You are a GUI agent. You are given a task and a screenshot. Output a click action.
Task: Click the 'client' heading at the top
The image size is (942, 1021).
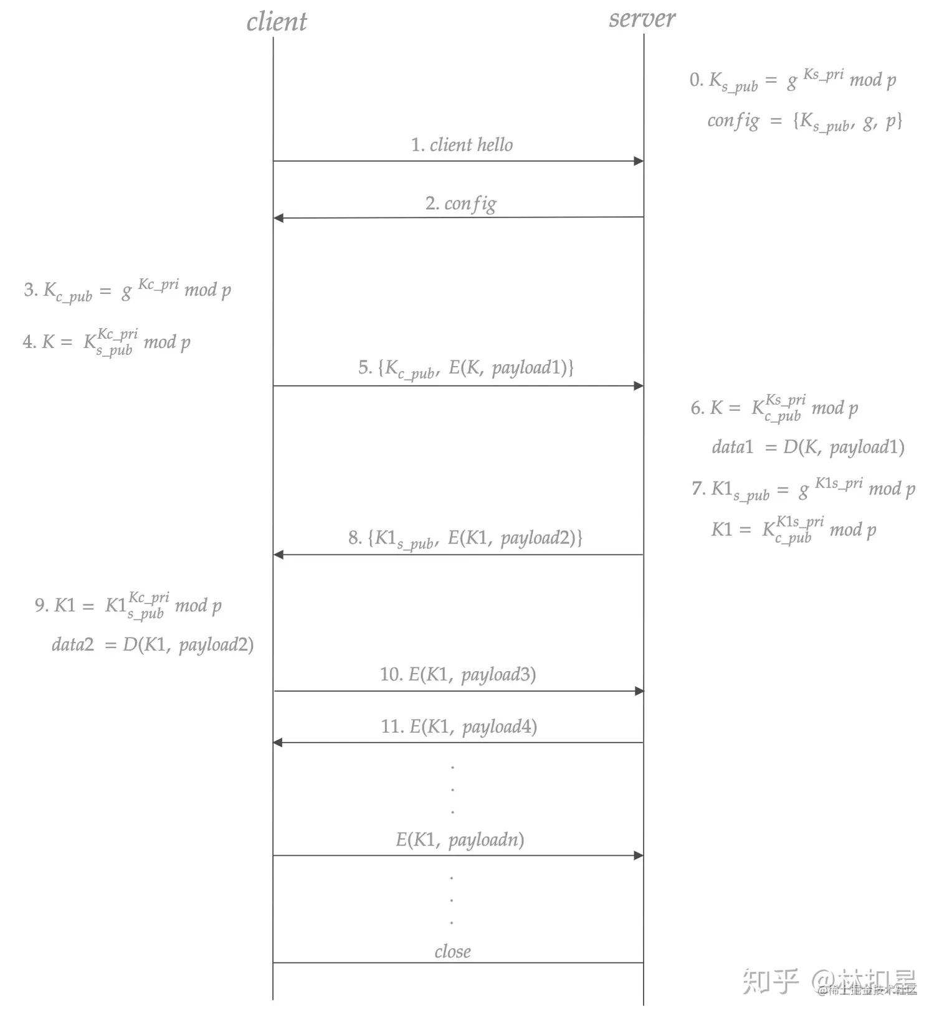277,22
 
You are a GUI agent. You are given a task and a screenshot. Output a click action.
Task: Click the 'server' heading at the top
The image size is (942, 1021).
642,19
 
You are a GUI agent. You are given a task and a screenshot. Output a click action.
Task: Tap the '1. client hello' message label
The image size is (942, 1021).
462,145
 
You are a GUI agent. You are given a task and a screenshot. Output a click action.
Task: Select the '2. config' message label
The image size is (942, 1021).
461,204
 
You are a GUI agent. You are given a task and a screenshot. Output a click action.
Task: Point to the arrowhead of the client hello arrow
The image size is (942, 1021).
639,161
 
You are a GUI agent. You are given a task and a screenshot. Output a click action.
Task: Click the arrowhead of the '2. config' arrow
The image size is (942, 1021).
278,218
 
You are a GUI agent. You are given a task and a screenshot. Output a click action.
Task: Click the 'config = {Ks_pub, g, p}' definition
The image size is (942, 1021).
804,121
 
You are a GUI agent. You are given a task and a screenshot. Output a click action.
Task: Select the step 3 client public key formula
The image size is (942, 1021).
128,290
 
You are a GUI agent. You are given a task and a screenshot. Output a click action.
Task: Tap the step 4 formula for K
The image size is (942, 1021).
107,342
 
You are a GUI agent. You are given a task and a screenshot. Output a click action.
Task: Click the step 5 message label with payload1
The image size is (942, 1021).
465,369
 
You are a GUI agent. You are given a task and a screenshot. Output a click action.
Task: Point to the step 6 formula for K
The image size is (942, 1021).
774,408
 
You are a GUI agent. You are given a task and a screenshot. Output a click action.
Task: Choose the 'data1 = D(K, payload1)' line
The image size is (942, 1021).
808,447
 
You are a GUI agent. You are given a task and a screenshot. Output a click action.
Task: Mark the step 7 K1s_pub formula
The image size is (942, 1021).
803,489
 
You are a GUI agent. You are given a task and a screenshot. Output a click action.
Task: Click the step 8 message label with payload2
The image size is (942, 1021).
465,539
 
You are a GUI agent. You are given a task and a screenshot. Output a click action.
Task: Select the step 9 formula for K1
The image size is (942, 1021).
128,605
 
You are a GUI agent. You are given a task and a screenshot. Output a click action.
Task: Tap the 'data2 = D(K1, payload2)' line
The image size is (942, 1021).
153,644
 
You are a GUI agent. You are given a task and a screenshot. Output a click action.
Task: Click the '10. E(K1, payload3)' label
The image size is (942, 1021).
458,675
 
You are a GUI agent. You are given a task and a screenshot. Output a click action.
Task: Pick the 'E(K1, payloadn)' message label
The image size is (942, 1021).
460,840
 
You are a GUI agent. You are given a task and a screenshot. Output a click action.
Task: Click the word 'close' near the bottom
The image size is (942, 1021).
453,952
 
